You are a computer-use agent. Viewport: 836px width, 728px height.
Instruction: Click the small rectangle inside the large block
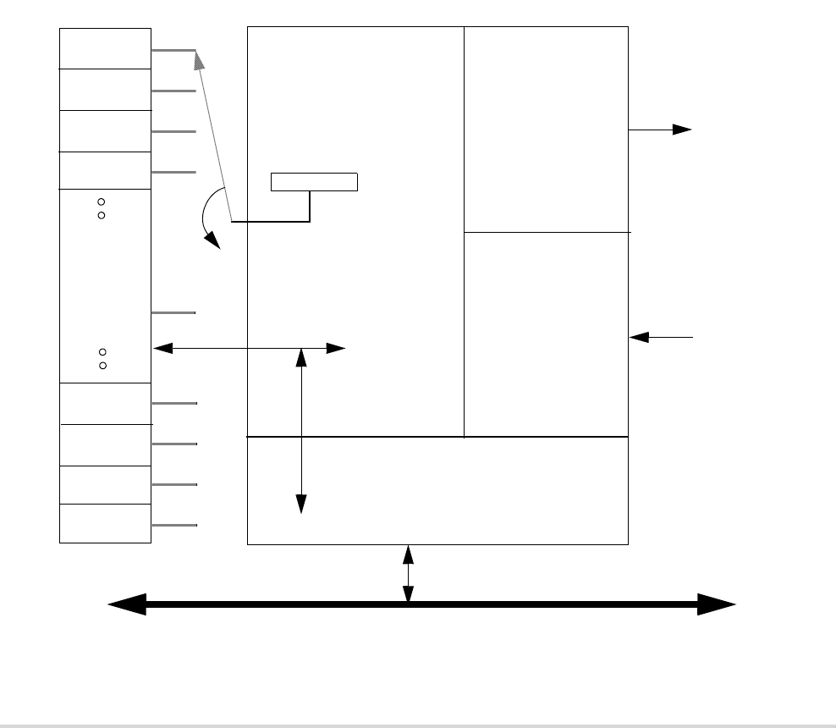pyautogui.click(x=314, y=182)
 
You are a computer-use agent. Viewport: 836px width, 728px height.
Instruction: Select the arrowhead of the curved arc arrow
pyautogui.click(x=215, y=243)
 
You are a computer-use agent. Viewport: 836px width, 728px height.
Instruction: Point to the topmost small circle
pyautogui.click(x=101, y=201)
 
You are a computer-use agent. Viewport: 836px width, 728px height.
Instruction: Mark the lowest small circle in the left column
pyautogui.click(x=102, y=366)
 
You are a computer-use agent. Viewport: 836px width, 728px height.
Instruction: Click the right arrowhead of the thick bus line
pyautogui.click(x=717, y=604)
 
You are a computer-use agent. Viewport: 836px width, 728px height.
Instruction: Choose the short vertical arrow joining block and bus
pyautogui.click(x=408, y=574)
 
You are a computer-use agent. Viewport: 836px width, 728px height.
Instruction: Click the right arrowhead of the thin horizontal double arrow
pyautogui.click(x=336, y=348)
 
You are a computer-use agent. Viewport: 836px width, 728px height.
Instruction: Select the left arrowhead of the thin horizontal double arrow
pyautogui.click(x=162, y=348)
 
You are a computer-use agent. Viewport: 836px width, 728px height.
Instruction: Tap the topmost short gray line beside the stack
pyautogui.click(x=173, y=50)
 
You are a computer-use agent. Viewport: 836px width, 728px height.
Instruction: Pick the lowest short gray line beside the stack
pyautogui.click(x=174, y=526)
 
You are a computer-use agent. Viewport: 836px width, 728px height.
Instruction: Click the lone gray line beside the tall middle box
pyautogui.click(x=173, y=313)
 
